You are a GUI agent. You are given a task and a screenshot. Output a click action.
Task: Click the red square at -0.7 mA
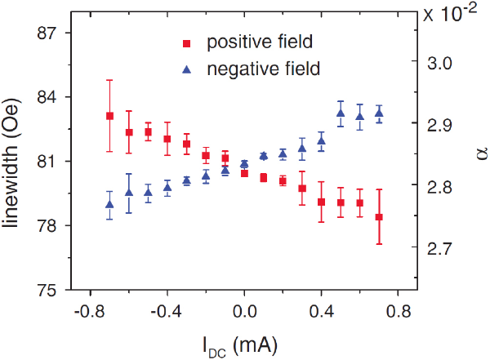pyautogui.click(x=109, y=116)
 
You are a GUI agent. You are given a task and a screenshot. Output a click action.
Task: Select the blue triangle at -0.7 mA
pyautogui.click(x=109, y=204)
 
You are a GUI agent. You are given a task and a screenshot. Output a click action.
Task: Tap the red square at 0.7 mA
pyautogui.click(x=379, y=217)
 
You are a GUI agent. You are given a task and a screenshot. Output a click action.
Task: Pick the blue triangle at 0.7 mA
pyautogui.click(x=379, y=113)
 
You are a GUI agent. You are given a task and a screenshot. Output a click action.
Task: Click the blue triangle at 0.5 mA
pyautogui.click(x=341, y=113)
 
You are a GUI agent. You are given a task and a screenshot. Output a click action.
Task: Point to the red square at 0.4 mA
pyautogui.click(x=322, y=202)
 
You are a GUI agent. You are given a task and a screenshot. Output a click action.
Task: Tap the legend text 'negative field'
pyautogui.click(x=264, y=68)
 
